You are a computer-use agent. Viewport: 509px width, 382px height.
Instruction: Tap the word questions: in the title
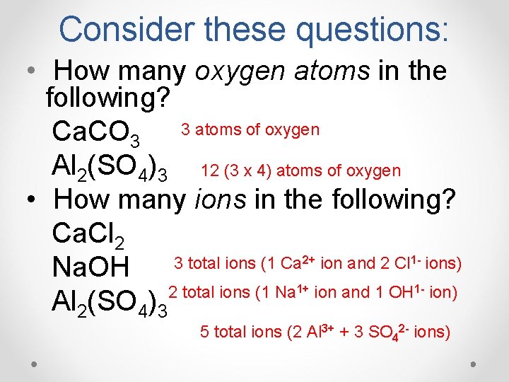372,29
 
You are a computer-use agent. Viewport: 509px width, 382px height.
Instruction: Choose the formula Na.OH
91,268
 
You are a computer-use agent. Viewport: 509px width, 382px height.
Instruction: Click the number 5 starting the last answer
204,332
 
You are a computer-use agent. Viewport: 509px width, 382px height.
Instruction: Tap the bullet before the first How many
33,71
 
